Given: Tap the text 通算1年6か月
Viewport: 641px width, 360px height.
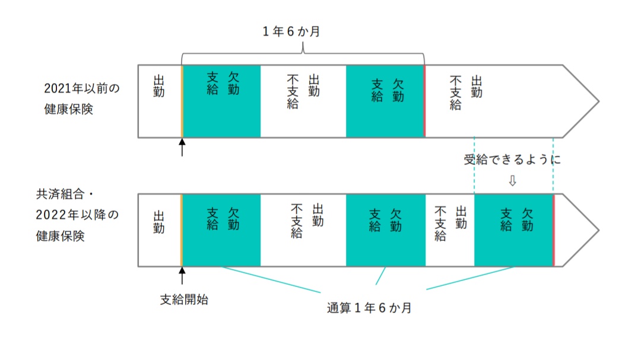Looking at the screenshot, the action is [369, 308].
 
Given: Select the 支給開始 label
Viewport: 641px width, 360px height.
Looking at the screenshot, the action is [184, 300].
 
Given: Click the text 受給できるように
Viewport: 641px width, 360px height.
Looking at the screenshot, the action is [512, 160].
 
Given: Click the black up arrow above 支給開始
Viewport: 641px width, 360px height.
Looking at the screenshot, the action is [182, 276].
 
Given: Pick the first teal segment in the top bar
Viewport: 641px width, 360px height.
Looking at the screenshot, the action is [221, 101].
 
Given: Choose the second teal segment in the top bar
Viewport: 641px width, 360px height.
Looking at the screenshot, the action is [385, 101].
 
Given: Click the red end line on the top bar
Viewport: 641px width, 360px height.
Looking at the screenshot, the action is [424, 101].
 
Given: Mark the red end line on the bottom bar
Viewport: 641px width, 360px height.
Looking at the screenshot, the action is [553, 230].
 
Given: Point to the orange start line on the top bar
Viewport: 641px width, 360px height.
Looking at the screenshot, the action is [182, 101].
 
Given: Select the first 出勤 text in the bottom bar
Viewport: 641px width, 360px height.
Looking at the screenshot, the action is [159, 221].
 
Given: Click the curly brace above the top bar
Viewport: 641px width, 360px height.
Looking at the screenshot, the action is [303, 55].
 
